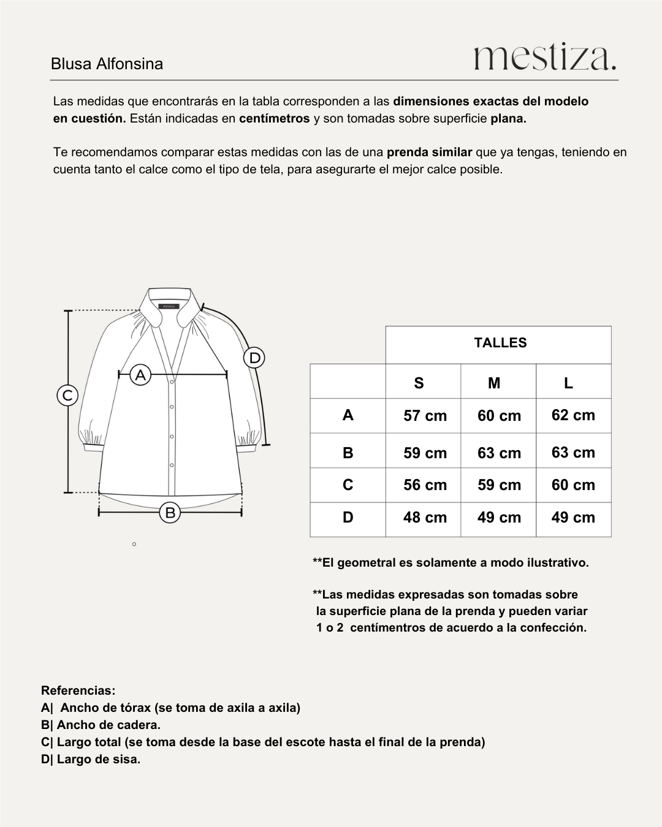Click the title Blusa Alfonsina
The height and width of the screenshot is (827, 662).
tap(107, 64)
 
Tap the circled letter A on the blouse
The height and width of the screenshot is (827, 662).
tap(140, 374)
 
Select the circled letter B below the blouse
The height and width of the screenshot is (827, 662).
tap(170, 513)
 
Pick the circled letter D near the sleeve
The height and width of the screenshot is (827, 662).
tap(254, 358)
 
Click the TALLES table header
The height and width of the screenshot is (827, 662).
tap(500, 343)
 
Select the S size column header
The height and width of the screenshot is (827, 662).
tap(419, 383)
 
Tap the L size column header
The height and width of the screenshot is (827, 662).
tap(568, 383)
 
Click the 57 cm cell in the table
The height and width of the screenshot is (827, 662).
tap(425, 416)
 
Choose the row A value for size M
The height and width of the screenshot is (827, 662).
tap(499, 416)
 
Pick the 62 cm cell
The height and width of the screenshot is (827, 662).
tap(573, 415)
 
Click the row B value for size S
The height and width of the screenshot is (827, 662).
tap(425, 453)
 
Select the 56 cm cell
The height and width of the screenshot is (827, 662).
tap(425, 485)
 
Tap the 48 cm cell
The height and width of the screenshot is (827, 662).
tap(425, 518)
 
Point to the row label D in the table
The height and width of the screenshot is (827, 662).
tap(348, 518)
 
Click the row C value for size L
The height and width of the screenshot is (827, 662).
tap(573, 485)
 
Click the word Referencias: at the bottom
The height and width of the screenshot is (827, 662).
tap(78, 691)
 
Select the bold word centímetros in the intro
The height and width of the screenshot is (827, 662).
tap(274, 119)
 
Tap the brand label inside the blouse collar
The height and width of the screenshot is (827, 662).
tap(168, 306)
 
